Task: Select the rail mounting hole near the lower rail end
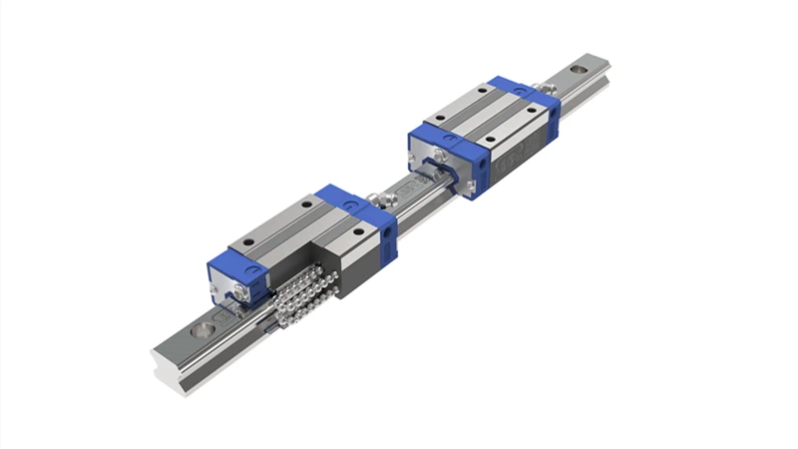202,328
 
